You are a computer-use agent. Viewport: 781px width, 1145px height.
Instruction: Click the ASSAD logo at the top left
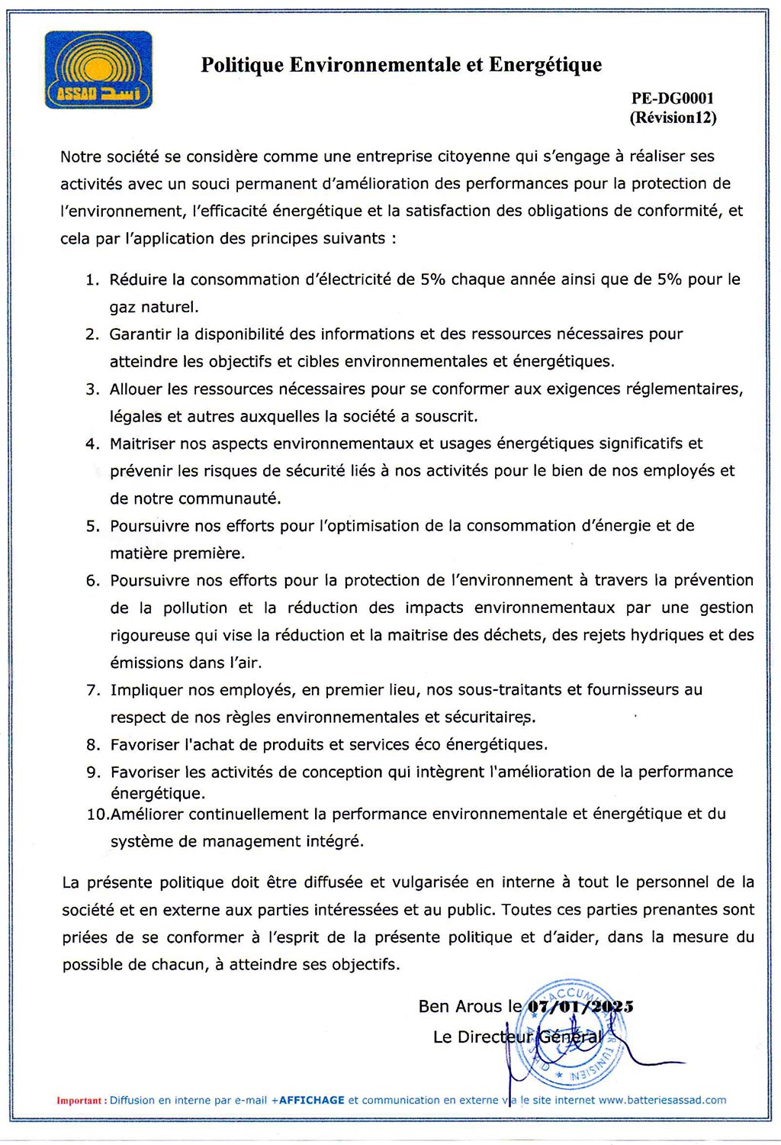(x=98, y=69)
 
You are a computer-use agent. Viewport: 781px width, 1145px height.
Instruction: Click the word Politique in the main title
(x=243, y=65)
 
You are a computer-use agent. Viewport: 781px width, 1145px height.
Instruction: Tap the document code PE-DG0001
(x=673, y=98)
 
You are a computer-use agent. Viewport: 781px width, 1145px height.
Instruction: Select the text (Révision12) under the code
(x=673, y=118)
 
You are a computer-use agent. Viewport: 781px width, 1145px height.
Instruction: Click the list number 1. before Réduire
(x=92, y=279)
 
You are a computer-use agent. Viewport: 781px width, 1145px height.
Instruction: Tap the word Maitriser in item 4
(x=142, y=443)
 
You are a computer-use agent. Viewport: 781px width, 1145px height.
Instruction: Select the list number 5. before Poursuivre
(x=92, y=526)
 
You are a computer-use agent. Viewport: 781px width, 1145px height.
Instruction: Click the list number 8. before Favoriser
(x=93, y=744)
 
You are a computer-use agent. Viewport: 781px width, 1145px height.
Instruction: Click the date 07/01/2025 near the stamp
(x=580, y=1006)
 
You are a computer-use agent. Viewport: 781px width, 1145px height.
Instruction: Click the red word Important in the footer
(x=79, y=1101)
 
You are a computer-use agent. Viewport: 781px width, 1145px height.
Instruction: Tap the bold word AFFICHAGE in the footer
(x=312, y=1100)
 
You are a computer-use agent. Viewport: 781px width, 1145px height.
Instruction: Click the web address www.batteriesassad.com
(x=662, y=1100)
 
